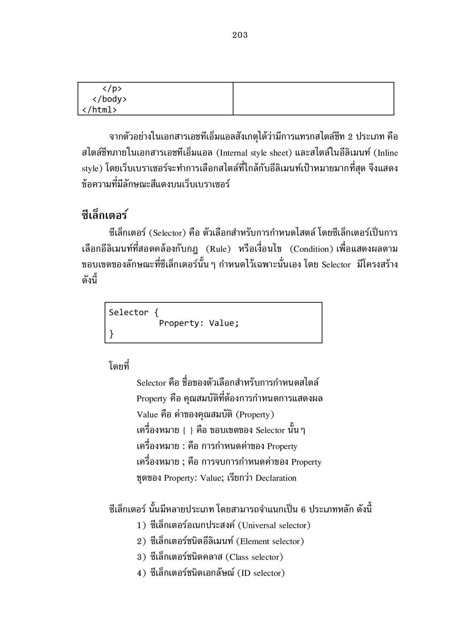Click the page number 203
coord(240,35)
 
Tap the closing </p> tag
coord(112,88)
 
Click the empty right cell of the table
coord(313,99)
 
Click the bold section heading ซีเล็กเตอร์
coord(105,215)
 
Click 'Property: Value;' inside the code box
coord(199,323)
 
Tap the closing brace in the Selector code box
coord(111,334)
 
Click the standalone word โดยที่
coord(119,366)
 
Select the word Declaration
coord(276,478)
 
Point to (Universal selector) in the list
coord(274,525)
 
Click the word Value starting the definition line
coord(147,415)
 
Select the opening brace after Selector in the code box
coord(156,312)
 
